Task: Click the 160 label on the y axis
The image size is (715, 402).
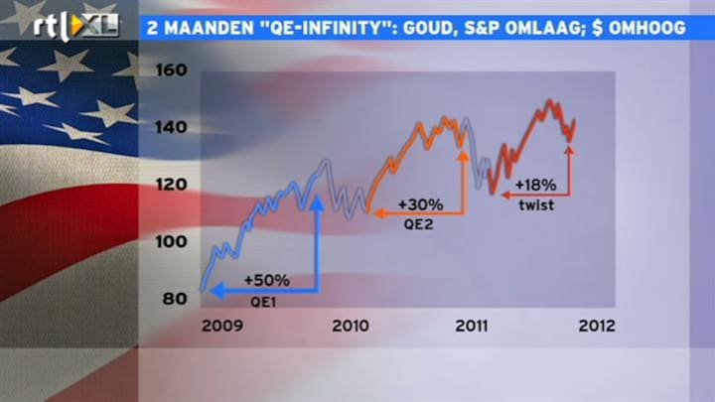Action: pyautogui.click(x=172, y=70)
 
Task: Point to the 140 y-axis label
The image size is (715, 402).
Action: pyautogui.click(x=172, y=127)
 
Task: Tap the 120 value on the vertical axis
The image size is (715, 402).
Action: pyautogui.click(x=172, y=185)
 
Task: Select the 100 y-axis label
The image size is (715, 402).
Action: pyautogui.click(x=172, y=241)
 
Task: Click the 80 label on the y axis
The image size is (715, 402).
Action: pyautogui.click(x=175, y=299)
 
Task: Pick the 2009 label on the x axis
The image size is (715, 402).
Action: pyautogui.click(x=222, y=326)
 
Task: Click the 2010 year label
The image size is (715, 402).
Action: pyautogui.click(x=351, y=326)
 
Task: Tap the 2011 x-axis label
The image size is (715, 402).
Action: pyautogui.click(x=472, y=326)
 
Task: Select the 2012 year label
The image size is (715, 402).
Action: pyautogui.click(x=597, y=326)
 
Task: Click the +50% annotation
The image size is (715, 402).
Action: pyautogui.click(x=267, y=280)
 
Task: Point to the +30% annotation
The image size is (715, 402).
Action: pyautogui.click(x=420, y=204)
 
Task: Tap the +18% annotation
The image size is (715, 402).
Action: pyautogui.click(x=536, y=185)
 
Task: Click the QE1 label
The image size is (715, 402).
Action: pyautogui.click(x=263, y=302)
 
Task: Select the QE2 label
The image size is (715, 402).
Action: pyautogui.click(x=418, y=224)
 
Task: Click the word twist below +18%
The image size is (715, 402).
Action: pyautogui.click(x=536, y=205)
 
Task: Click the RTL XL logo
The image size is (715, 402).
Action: pyautogui.click(x=75, y=26)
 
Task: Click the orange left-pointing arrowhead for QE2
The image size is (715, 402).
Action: pyautogui.click(x=379, y=212)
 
